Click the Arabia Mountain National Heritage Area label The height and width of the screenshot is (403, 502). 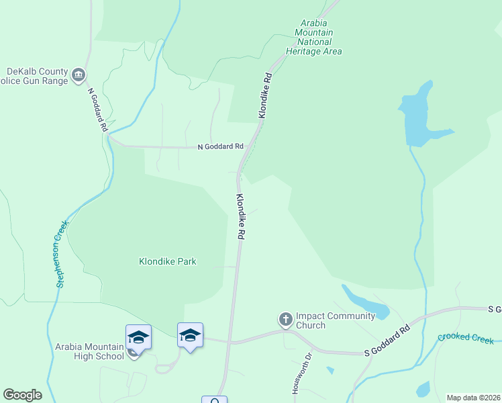pos(313,37)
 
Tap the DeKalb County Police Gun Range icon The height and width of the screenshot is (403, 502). pos(79,74)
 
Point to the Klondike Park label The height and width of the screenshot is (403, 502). pos(167,261)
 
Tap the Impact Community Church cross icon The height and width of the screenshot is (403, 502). pos(285,319)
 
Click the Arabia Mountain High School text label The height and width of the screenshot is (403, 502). pos(90,351)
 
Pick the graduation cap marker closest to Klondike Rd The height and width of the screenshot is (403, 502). pos(190,334)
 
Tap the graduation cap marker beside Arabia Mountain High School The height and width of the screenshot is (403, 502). pos(138,337)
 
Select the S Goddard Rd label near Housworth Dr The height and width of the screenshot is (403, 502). pos(387,343)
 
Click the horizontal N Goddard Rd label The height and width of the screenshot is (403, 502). pos(219,146)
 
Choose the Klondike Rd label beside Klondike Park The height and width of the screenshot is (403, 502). pos(240,218)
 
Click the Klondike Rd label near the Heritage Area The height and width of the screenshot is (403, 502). pos(266,96)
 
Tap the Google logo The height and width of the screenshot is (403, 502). pos(22,395)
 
